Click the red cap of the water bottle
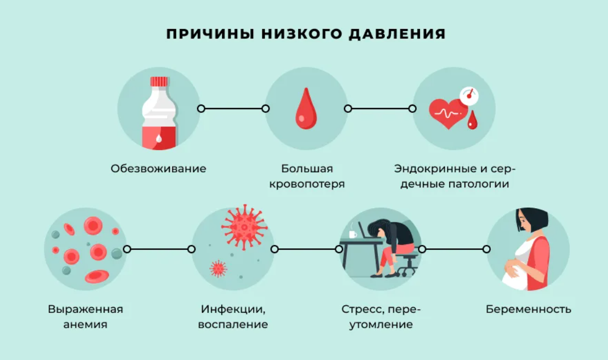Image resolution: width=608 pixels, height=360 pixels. [x=159, y=81]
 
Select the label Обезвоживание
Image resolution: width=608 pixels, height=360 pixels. [x=158, y=168]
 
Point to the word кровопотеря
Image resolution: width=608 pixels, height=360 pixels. [x=307, y=184]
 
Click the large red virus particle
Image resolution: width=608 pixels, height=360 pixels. [x=244, y=227]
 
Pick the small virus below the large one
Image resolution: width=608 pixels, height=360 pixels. [x=219, y=268]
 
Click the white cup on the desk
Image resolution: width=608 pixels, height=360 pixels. [x=353, y=234]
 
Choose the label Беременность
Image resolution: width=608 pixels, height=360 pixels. [x=528, y=309]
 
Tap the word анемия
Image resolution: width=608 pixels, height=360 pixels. [x=85, y=324]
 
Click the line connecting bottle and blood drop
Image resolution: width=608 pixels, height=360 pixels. [x=233, y=108]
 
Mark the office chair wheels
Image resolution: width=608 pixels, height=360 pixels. [x=406, y=272]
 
